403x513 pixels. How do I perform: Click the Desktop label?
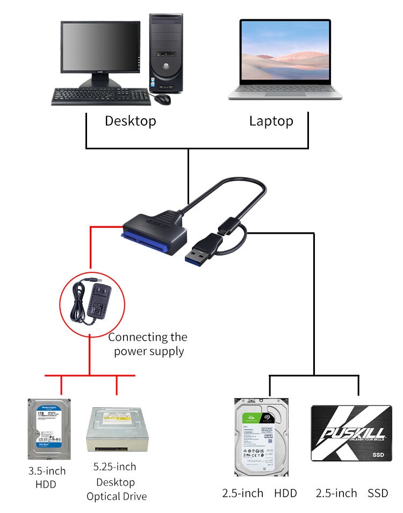(x=130, y=121)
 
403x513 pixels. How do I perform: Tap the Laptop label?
(x=271, y=121)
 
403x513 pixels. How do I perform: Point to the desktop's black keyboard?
(x=101, y=97)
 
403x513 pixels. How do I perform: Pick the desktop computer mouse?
(x=162, y=99)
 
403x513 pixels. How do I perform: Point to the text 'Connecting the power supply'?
(x=147, y=344)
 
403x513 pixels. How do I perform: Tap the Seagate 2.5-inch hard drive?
(x=261, y=436)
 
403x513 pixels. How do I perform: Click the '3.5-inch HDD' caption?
(x=47, y=478)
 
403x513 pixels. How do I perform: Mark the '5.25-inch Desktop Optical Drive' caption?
(x=116, y=481)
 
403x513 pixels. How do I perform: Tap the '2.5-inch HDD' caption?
(x=259, y=493)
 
